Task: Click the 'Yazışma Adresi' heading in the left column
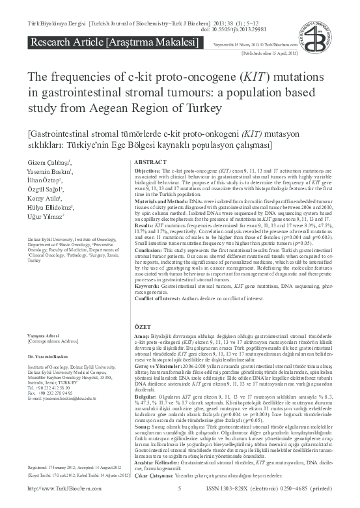coord(41,335)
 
